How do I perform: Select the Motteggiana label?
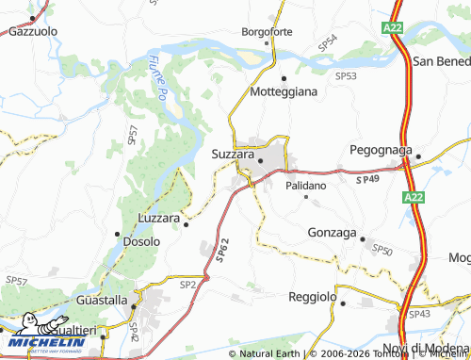point(284,92)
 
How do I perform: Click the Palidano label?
point(306,186)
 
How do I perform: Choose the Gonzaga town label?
point(333,232)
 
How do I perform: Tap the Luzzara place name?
point(158,218)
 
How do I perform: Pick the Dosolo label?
point(141,241)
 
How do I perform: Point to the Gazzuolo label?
point(32,31)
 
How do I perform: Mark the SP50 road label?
point(382,249)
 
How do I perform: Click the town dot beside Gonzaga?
point(363,239)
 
